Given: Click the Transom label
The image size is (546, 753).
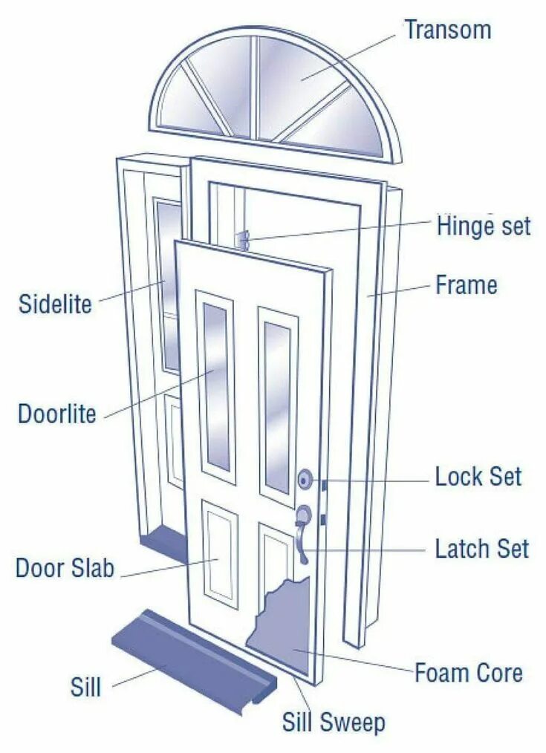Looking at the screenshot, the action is click(x=447, y=30).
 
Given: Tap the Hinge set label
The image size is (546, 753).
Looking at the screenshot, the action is click(x=484, y=225).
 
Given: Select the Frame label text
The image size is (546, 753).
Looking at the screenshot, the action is click(x=467, y=284).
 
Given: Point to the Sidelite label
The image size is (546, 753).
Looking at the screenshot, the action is click(x=55, y=304).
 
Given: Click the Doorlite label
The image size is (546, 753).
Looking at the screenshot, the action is click(x=57, y=414).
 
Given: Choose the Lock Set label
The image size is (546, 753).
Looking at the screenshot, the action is click(x=478, y=476).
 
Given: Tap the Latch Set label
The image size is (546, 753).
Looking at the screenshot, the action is click(x=481, y=549).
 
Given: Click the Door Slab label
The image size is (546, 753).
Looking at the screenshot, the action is click(x=65, y=569).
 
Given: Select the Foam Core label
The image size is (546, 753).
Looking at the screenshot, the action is click(x=468, y=673).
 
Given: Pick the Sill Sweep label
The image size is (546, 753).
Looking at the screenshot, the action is click(x=334, y=721).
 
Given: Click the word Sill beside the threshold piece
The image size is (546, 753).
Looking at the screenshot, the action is click(x=85, y=687).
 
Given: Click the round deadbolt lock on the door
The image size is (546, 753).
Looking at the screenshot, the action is click(x=305, y=480).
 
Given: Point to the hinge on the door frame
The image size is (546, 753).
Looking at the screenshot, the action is click(x=241, y=240).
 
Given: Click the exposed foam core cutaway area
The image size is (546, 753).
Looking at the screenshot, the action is click(x=286, y=624).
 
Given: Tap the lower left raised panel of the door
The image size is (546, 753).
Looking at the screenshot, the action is click(x=221, y=553).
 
